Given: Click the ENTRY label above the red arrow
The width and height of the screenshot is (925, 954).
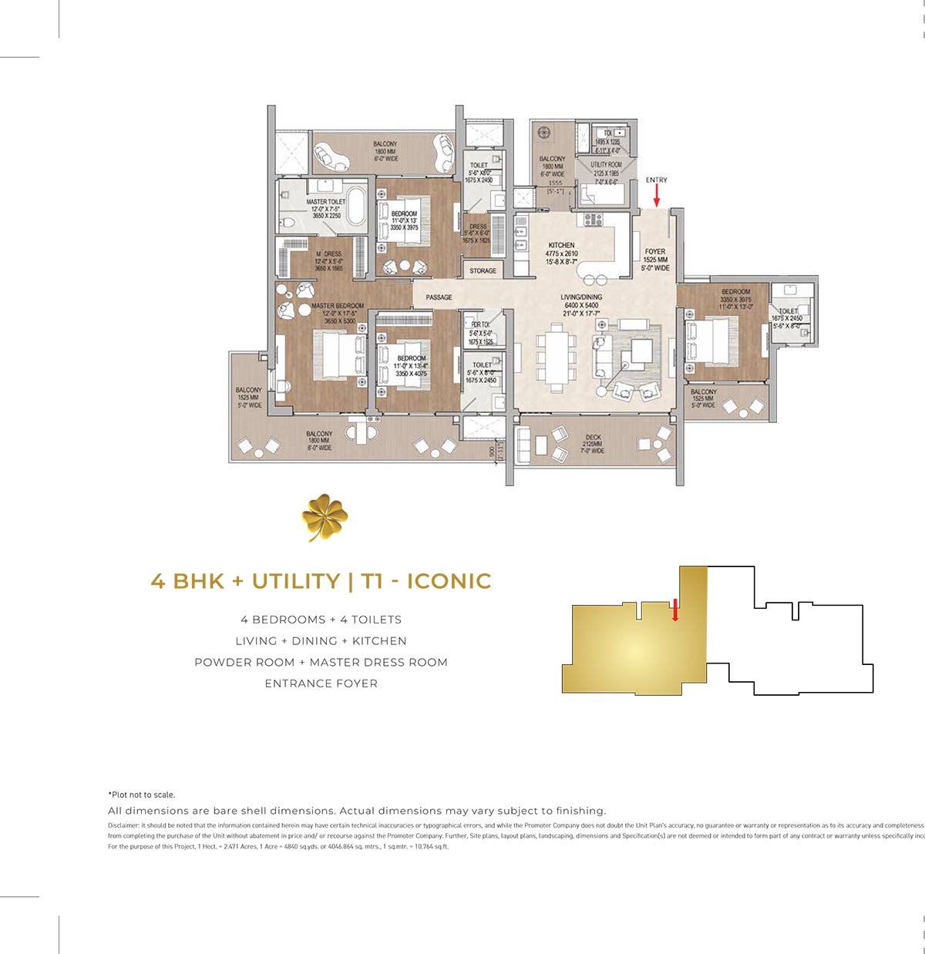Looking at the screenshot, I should (657, 180).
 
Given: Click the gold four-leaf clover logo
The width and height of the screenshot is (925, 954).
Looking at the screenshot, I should (325, 517).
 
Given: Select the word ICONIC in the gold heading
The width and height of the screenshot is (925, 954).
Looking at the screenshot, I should (449, 580).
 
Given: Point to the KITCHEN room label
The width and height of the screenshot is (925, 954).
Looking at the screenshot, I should (562, 245).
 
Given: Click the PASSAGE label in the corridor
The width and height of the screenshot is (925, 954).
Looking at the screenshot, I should (439, 297).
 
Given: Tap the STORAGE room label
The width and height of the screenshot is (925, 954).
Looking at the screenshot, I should (483, 271).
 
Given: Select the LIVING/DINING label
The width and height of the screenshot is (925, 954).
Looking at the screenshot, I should (581, 297).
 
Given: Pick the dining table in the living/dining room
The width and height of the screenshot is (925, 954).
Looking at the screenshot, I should (556, 357).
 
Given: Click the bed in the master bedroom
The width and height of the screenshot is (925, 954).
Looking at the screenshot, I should (339, 355).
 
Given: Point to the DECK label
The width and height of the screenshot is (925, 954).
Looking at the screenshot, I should (593, 438).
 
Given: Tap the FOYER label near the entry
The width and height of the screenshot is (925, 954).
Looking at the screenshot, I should (655, 252).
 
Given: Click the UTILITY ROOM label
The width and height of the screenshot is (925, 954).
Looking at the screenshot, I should (606, 165).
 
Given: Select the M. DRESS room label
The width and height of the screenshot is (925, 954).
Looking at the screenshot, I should (328, 254).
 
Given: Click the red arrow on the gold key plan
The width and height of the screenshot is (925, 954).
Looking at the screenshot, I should (674, 610).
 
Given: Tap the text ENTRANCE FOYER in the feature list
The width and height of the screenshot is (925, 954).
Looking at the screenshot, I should (321, 684).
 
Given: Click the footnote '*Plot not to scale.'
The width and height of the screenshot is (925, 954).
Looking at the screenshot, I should (141, 794).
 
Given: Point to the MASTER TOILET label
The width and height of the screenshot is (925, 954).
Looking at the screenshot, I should (326, 202).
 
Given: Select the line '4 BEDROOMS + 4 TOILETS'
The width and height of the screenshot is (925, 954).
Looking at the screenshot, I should (321, 620).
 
